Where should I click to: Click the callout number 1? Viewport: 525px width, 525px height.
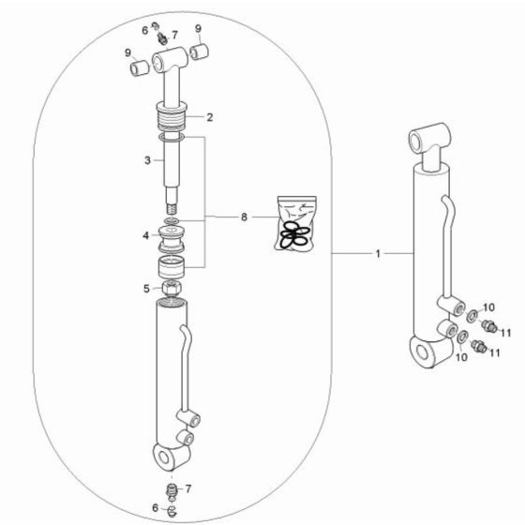tap(379, 254)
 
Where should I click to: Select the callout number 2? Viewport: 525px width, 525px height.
tap(210, 118)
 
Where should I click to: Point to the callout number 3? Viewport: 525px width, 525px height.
tap(147, 161)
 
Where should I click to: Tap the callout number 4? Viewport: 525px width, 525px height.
tap(144, 235)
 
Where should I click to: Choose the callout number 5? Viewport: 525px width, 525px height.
tap(144, 288)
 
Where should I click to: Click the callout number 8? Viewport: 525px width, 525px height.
tap(244, 217)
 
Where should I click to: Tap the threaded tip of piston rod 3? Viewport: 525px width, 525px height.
tap(172, 202)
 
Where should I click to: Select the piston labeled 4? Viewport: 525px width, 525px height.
tap(172, 235)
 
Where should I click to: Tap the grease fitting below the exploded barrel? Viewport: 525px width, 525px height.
tap(171, 489)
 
